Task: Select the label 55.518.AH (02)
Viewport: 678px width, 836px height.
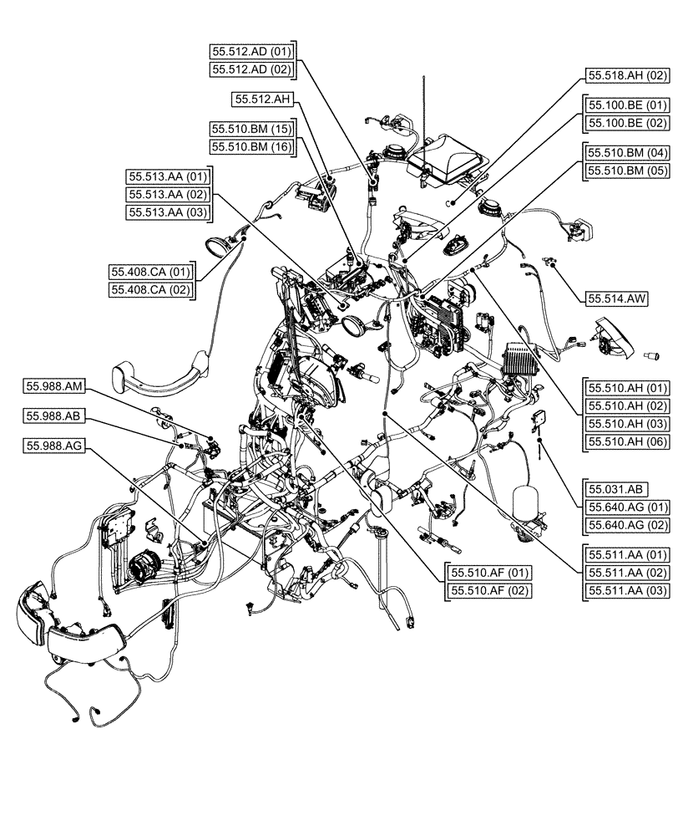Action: coord(628,75)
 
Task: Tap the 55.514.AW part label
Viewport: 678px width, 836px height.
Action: coord(617,298)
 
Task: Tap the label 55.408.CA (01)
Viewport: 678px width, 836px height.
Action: coord(151,273)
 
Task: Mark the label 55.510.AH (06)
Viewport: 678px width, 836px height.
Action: coord(628,441)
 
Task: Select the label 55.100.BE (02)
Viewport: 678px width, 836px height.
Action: coord(628,123)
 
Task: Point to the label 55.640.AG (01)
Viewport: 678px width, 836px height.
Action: coord(628,507)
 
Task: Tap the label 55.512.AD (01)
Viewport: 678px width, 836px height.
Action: coord(251,51)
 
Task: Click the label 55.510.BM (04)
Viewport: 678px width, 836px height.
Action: coord(628,153)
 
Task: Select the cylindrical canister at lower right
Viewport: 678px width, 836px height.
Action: coord(524,502)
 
